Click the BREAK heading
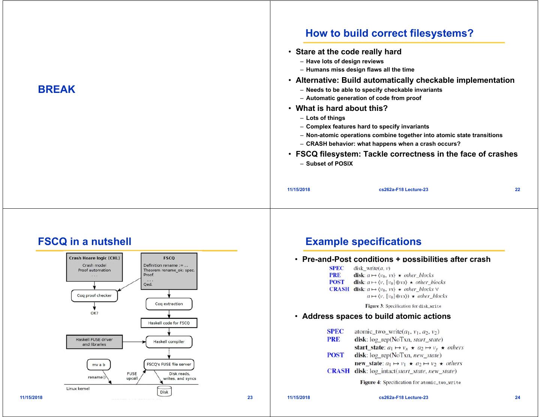(x=57, y=90)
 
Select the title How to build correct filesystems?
(x=389, y=33)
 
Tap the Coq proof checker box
(x=94, y=296)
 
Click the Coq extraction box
(x=169, y=304)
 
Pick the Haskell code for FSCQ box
(x=169, y=323)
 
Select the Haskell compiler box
(x=169, y=342)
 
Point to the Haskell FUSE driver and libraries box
(x=94, y=342)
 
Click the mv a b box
(x=99, y=364)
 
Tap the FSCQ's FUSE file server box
(x=169, y=364)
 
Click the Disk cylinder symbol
(x=164, y=392)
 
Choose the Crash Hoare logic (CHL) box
(x=94, y=268)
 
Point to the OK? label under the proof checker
(x=94, y=313)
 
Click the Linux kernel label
(x=78, y=389)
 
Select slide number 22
(x=517, y=190)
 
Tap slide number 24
(x=517, y=398)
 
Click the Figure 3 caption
(x=403, y=306)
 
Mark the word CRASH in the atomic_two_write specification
(x=338, y=371)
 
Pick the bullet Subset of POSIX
(x=329, y=164)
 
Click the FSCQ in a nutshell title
(x=85, y=242)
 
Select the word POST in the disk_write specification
(x=336, y=282)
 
